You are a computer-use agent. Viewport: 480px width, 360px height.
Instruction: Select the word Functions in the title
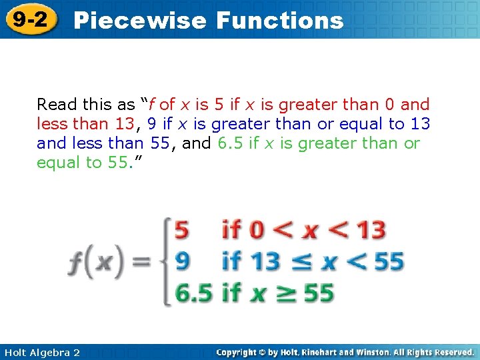point(280,21)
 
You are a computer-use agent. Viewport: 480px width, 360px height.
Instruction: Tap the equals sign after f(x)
point(141,262)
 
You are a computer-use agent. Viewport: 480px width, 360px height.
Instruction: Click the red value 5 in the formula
point(181,231)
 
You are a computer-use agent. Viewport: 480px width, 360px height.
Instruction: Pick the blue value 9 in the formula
point(181,261)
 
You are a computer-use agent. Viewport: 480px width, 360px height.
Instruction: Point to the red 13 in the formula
point(371,231)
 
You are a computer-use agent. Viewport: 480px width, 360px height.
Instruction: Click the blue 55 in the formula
point(389,261)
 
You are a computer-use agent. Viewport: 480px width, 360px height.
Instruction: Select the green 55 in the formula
point(319,293)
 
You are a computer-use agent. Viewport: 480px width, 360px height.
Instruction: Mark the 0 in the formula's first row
point(257,231)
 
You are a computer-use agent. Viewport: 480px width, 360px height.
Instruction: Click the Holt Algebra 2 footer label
point(41,352)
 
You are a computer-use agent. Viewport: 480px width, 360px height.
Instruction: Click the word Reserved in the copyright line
point(448,352)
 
